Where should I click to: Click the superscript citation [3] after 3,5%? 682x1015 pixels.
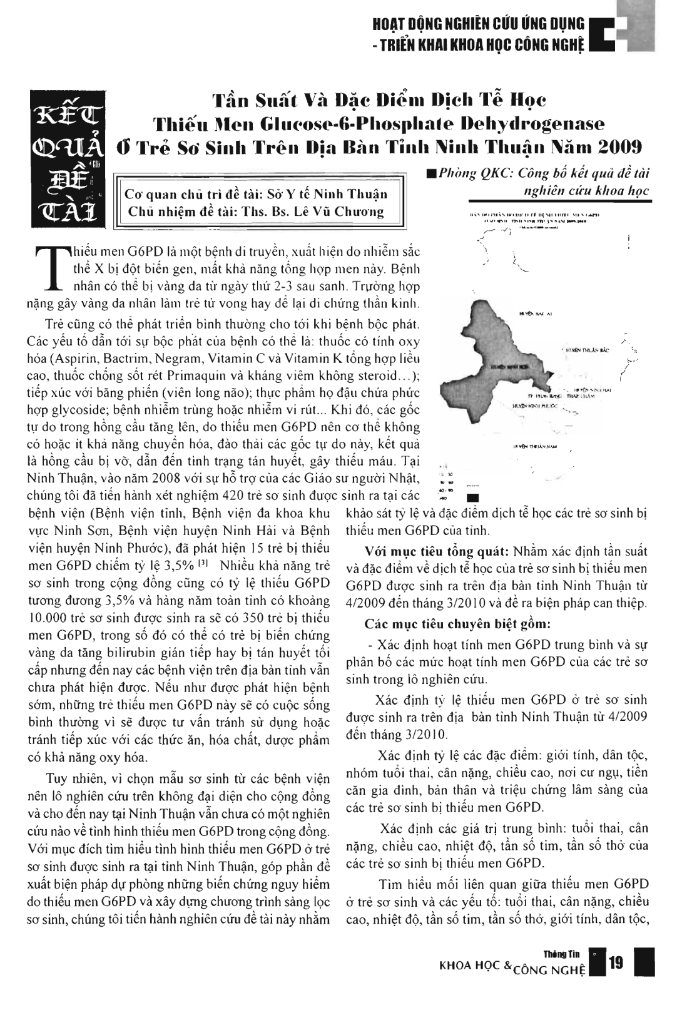point(204,566)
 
